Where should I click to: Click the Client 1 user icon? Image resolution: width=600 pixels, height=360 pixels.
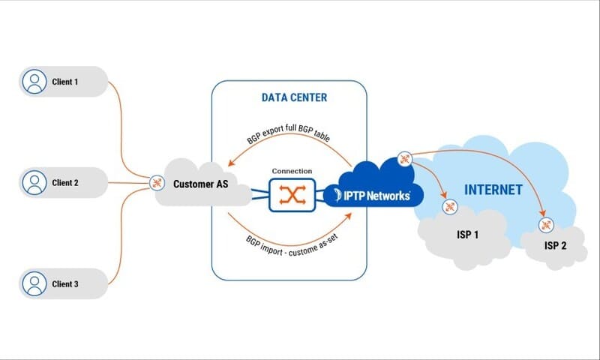(x=33, y=82)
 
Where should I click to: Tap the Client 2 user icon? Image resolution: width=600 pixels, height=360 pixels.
(x=33, y=182)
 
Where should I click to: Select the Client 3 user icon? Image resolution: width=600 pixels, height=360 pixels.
(x=33, y=284)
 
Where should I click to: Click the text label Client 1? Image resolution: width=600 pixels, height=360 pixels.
(x=65, y=82)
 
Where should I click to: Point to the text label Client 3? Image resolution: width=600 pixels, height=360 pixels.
(x=65, y=284)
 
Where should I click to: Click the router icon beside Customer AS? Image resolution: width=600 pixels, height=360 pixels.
(x=157, y=182)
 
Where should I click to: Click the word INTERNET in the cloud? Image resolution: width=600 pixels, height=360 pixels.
(x=493, y=190)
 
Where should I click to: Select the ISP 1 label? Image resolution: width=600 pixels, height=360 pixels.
(x=468, y=235)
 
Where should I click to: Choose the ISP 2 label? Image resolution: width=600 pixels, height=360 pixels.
(x=556, y=245)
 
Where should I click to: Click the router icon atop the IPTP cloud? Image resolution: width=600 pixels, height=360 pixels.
(x=405, y=158)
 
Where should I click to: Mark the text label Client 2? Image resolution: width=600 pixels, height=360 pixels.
(x=65, y=182)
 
